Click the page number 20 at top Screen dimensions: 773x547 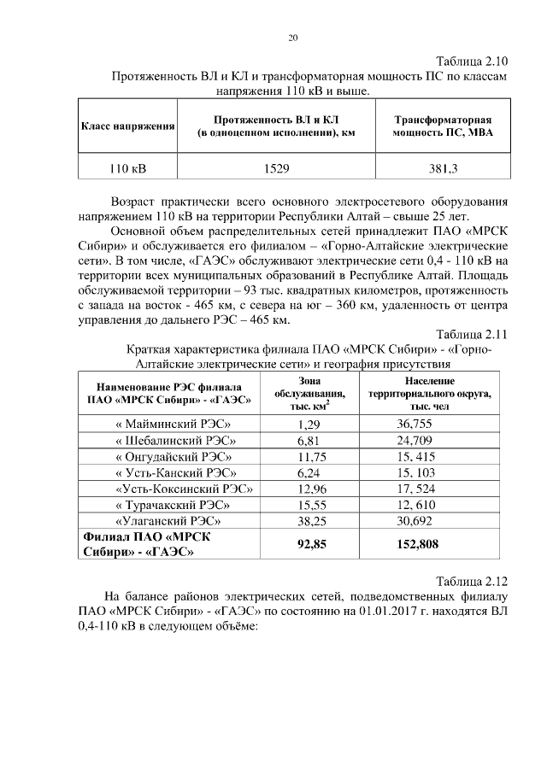click(293, 38)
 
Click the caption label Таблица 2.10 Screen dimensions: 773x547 click(472, 61)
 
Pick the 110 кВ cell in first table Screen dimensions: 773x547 click(127, 167)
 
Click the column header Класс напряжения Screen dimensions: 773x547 click(128, 126)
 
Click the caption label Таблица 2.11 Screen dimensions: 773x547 click(472, 334)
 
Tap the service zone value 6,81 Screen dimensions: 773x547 click(308, 440)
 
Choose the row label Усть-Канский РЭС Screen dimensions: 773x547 click(174, 472)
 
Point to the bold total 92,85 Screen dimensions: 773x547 click(314, 543)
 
